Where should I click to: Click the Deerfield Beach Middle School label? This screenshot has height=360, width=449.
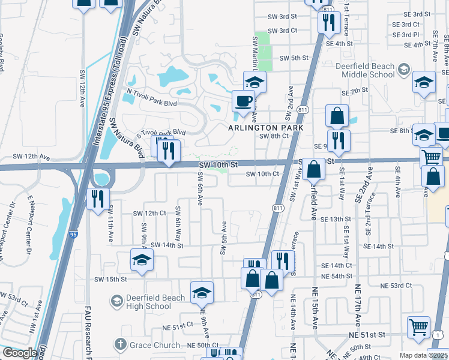(368, 70)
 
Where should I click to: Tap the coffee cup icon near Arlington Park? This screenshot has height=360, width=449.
(243, 100)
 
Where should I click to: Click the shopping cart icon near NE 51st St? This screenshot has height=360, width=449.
(418, 327)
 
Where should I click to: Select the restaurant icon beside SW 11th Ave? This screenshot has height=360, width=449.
(98, 199)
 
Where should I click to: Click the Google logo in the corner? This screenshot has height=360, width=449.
(19, 353)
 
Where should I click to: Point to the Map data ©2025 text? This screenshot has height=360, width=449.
(423, 355)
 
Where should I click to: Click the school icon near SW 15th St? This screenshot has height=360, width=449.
(142, 260)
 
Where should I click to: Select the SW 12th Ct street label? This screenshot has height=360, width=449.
(149, 213)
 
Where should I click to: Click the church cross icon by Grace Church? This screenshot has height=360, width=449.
(120, 345)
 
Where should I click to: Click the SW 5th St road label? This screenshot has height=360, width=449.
(294, 58)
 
